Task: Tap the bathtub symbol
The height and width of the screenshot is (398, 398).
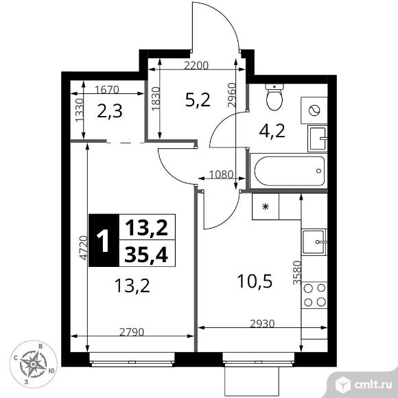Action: coord(288,171)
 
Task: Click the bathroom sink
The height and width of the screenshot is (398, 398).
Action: coord(316,137)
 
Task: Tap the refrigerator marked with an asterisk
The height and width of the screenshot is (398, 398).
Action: coord(265,205)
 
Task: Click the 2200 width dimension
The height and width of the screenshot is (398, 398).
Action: coord(197,67)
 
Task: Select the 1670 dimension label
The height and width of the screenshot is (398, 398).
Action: coord(106,89)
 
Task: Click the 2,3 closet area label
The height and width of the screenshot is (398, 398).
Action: coord(109,111)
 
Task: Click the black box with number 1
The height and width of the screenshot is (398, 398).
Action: coord(103,240)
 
